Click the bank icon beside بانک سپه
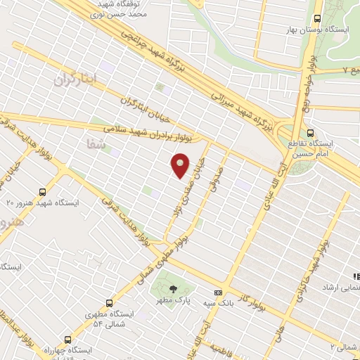tap(217, 292)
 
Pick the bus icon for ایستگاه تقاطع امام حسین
tap(310, 132)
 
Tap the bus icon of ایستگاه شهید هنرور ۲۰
tap(43, 191)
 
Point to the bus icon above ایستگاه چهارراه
tap(67, 339)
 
